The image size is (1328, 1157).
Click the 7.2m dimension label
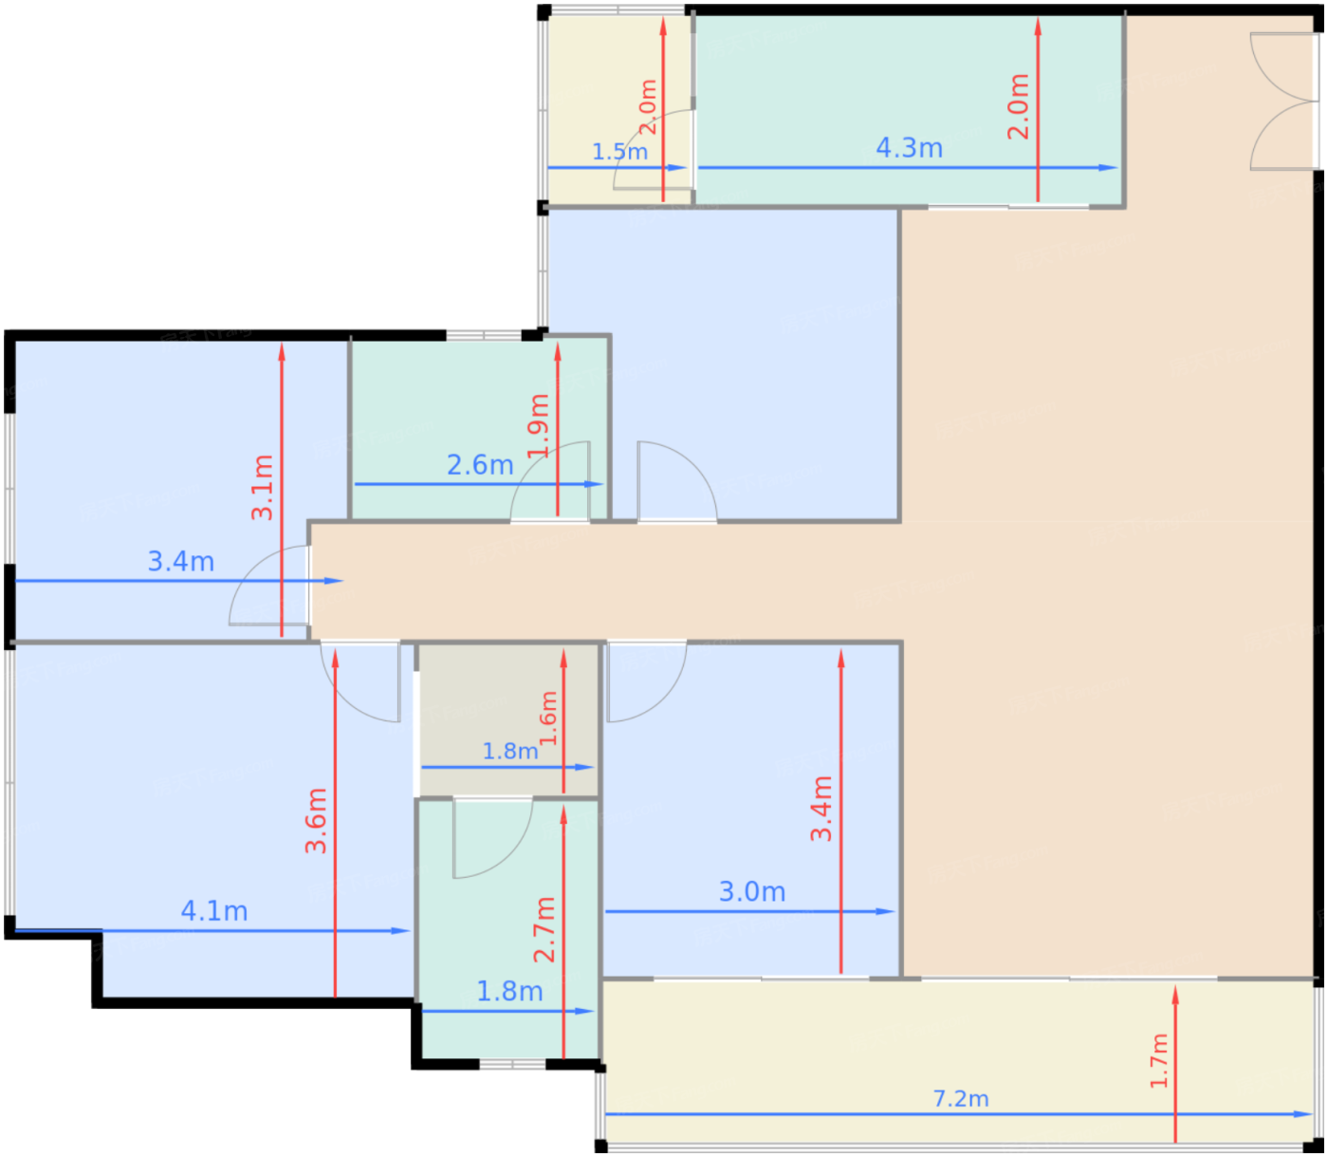coord(961,1099)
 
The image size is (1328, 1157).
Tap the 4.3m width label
coord(909,148)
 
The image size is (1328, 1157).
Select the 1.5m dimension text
coord(619,152)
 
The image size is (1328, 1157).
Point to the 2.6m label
coord(480,465)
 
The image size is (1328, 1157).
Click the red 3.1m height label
coord(263,488)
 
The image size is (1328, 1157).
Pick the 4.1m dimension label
coord(213,911)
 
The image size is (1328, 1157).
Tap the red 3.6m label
coord(316,821)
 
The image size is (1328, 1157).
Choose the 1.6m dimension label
coord(548,718)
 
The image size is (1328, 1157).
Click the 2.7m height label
coord(544,930)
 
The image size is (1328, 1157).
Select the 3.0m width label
coord(751,892)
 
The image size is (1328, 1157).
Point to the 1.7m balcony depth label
coord(1159,1061)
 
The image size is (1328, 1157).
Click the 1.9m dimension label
coord(539,426)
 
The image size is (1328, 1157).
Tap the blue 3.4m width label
coord(180,562)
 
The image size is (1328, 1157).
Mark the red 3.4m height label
coord(821,809)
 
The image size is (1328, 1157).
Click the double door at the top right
coord(1283,102)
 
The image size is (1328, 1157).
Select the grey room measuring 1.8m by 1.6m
coord(507,720)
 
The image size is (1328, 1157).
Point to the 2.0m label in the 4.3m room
coord(1019,106)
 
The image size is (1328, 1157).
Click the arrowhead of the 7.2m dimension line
coord(1303,1114)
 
